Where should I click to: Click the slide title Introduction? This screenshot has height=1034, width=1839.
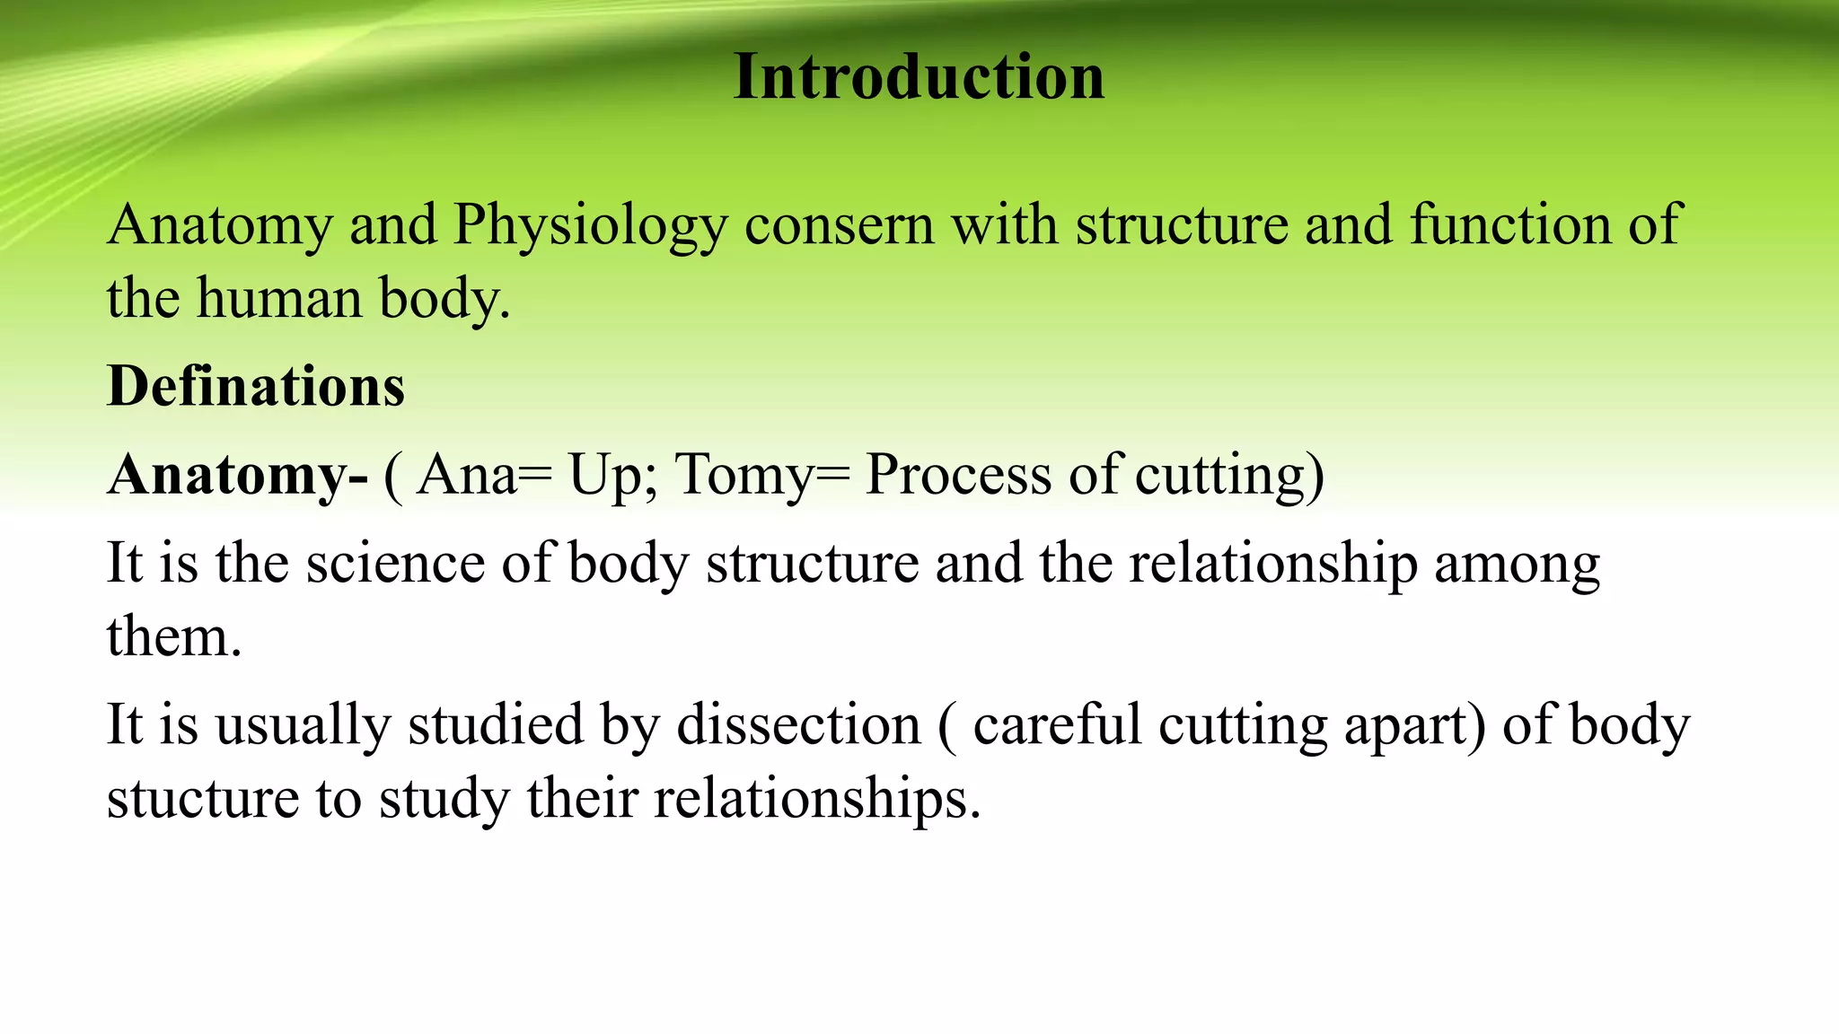pyautogui.click(x=919, y=77)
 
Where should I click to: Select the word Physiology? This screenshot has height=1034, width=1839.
pyautogui.click(x=590, y=226)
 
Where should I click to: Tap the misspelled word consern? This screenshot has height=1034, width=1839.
pyautogui.click(x=839, y=224)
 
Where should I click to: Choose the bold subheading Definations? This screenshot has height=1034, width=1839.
pyautogui.click(x=256, y=386)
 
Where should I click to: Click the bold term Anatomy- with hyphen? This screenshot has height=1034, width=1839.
pyautogui.click(x=237, y=474)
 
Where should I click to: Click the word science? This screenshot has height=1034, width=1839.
pyautogui.click(x=395, y=564)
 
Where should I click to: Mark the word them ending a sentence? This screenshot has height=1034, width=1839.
pyautogui.click(x=173, y=637)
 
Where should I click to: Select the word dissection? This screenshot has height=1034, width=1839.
pyautogui.click(x=798, y=725)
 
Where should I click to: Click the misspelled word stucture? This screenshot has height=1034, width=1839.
pyautogui.click(x=203, y=799)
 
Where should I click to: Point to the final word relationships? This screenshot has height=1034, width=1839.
pyautogui.click(x=816, y=799)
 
